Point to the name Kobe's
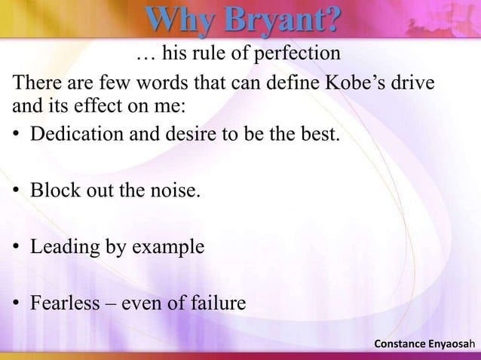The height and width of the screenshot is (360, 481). pos(354,81)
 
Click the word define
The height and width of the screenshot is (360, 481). pos(293,81)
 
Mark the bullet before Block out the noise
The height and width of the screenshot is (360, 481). pos(15,192)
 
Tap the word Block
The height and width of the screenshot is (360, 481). pos(51,191)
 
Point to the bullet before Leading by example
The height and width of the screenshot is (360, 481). pos(15,248)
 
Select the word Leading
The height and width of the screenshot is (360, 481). pos(61,248)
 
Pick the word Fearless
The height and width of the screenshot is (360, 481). pos(63,304)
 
